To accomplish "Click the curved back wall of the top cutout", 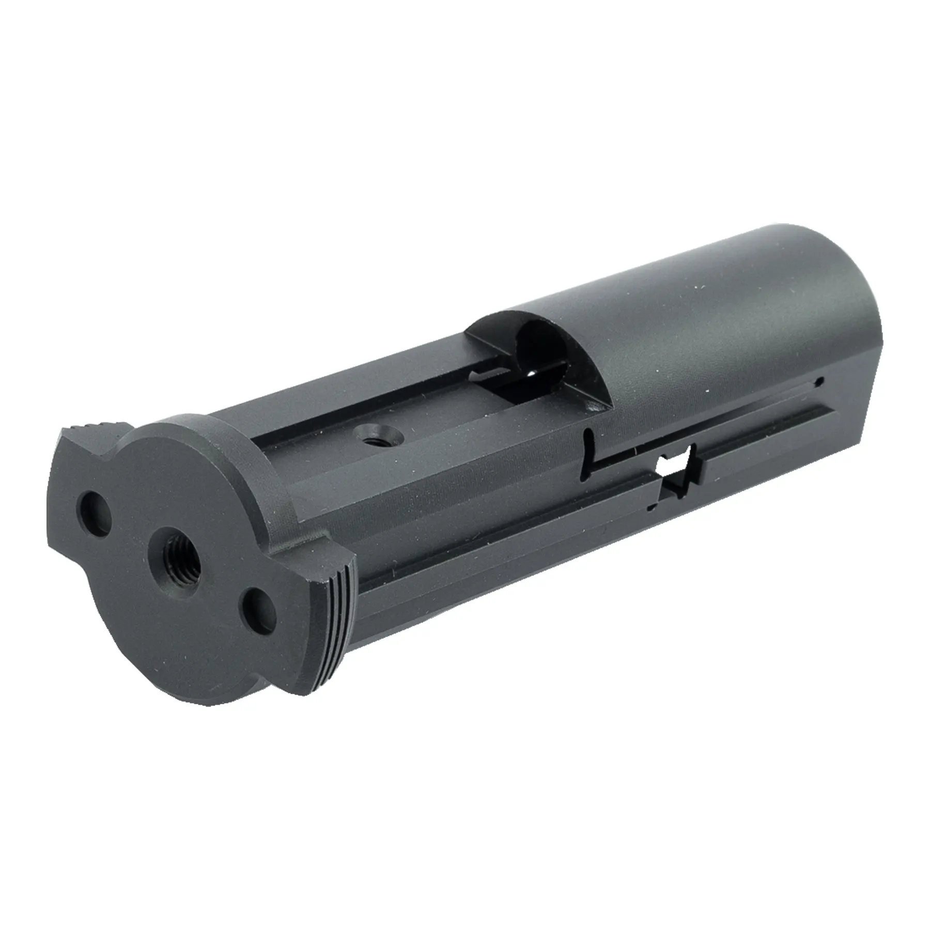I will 491,331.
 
